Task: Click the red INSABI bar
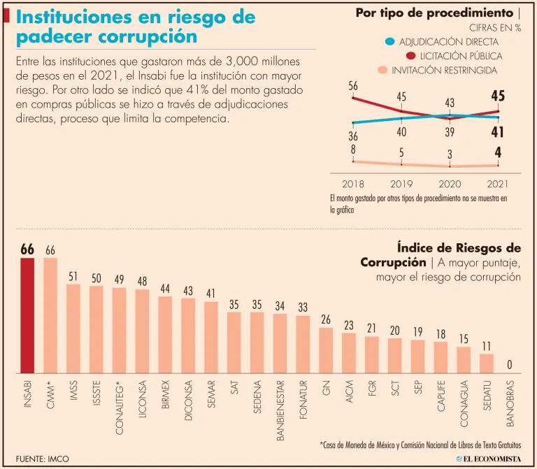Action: click(27, 315)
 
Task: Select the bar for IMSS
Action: click(73, 329)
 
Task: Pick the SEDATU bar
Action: click(487, 363)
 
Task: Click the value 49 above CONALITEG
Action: click(119, 279)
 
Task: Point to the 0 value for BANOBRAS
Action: click(510, 364)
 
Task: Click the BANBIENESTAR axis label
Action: click(280, 413)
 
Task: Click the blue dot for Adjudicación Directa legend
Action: click(389, 42)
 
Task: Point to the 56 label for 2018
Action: click(353, 86)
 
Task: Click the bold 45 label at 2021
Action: click(498, 96)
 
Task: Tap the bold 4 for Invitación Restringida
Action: click(499, 152)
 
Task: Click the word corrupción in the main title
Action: click(148, 36)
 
